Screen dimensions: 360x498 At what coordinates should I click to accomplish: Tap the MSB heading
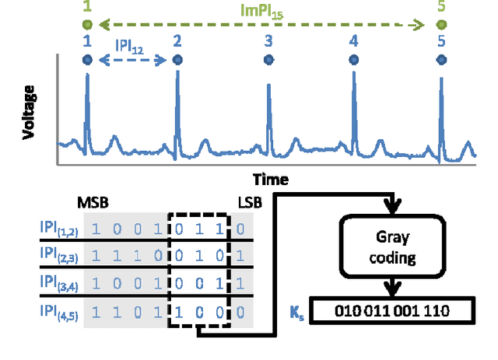(93, 204)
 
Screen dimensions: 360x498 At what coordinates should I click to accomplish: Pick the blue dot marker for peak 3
(268, 60)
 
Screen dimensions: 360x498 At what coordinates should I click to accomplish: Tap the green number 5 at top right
(442, 9)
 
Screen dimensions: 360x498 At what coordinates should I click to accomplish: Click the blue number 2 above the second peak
(177, 41)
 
